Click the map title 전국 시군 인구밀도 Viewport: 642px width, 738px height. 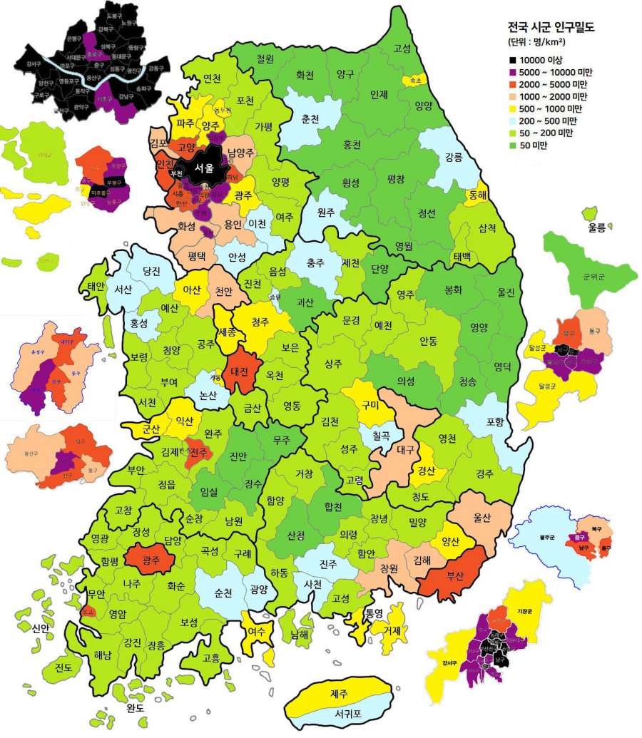coord(550,28)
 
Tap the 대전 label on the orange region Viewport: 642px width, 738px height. coord(240,371)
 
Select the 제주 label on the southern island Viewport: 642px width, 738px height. coord(338,692)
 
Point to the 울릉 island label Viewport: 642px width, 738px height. coord(596,227)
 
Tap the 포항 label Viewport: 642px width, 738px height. coord(494,421)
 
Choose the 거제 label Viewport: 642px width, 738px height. coord(391,630)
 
